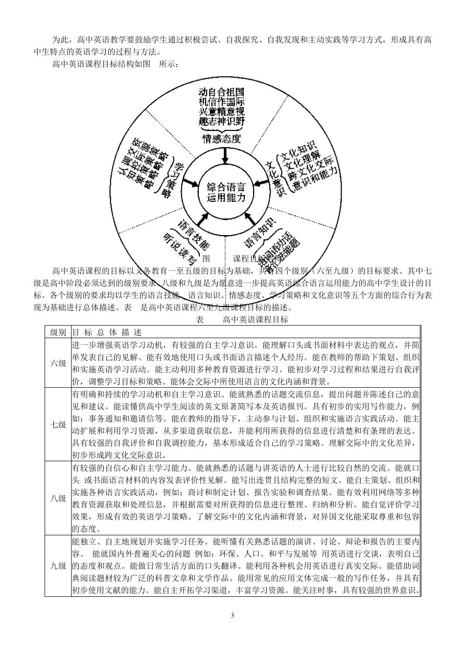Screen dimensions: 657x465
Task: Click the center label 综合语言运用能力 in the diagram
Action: [x=226, y=193]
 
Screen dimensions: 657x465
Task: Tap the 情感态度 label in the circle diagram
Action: [x=222, y=138]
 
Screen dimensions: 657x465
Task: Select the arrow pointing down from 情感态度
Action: [x=225, y=155]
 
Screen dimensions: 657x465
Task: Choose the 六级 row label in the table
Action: [x=58, y=363]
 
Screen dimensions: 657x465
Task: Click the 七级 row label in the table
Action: [x=58, y=424]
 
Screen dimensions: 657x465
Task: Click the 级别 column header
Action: [x=58, y=332]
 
